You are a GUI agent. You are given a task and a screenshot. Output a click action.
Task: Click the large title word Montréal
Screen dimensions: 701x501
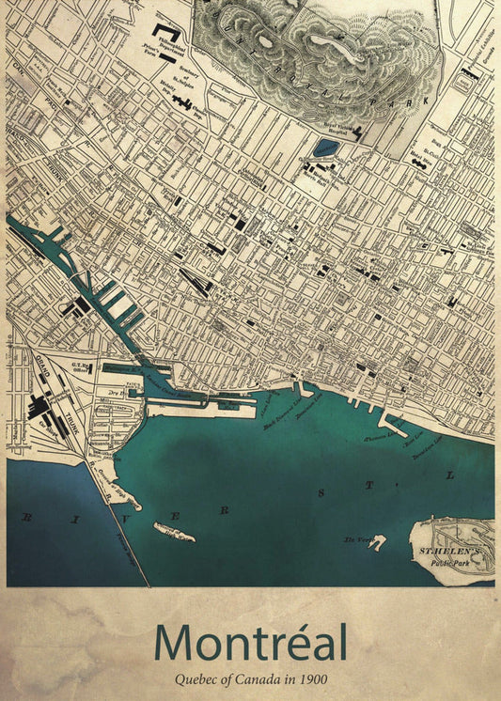point(250,643)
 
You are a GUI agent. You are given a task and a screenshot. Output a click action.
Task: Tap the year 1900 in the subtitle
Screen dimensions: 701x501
point(315,678)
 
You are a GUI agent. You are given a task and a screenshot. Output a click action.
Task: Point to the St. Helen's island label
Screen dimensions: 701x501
point(450,548)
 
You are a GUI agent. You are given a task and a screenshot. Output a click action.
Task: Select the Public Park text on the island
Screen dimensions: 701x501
point(448,563)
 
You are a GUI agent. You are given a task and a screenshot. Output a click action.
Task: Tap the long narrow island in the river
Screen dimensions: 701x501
point(175,534)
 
